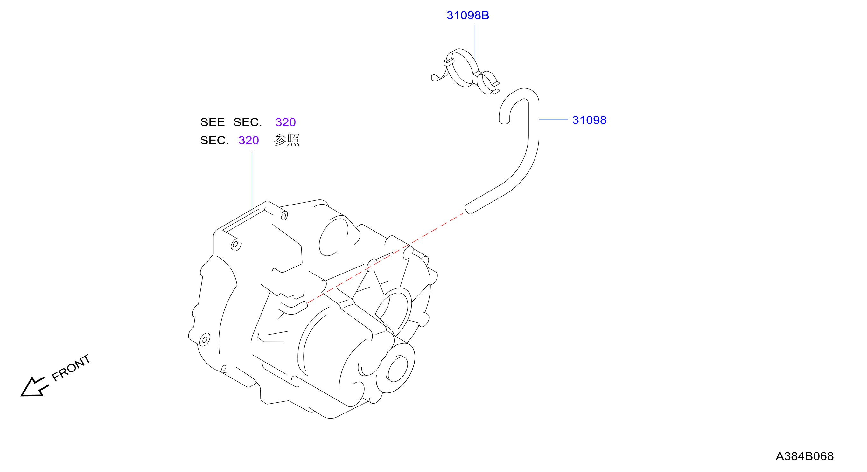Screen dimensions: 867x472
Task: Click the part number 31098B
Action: point(467,16)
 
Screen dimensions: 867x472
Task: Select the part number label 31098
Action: point(589,120)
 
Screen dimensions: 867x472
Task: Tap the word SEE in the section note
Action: point(212,122)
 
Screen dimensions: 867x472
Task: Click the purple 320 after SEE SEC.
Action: point(285,122)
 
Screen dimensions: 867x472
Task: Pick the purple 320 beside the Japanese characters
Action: point(249,140)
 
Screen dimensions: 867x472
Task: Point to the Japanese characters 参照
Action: point(286,140)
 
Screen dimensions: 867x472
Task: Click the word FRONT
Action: point(71,368)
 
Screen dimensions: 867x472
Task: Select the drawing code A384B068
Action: point(804,456)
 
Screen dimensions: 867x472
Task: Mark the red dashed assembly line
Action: point(385,258)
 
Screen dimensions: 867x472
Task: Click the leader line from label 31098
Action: point(554,119)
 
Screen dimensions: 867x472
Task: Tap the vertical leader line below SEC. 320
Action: point(252,181)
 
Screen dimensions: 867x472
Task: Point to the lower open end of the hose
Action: point(469,209)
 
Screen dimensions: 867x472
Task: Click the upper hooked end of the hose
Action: point(504,119)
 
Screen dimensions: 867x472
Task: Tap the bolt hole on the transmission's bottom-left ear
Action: point(205,339)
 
